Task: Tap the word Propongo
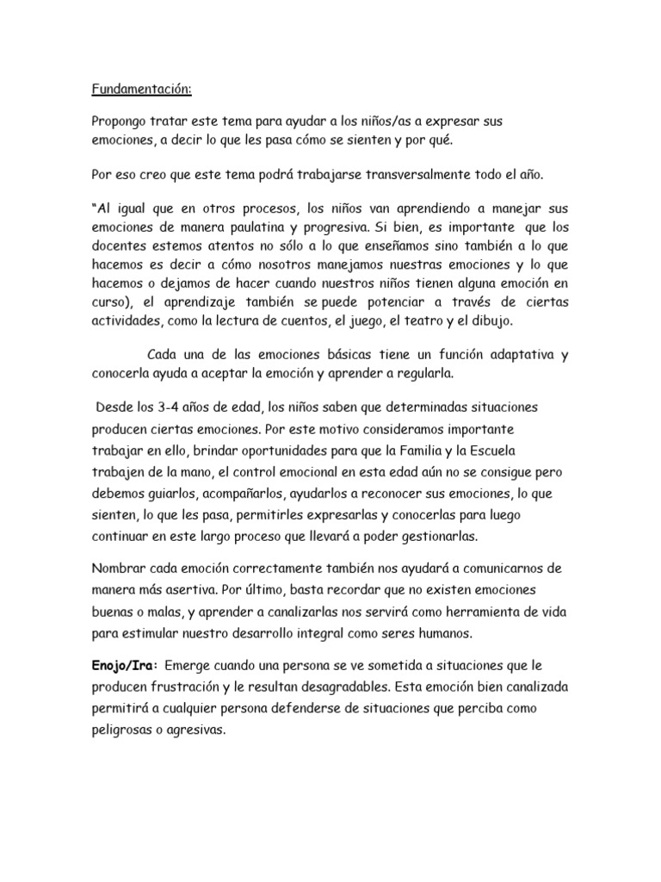click(x=121, y=121)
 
